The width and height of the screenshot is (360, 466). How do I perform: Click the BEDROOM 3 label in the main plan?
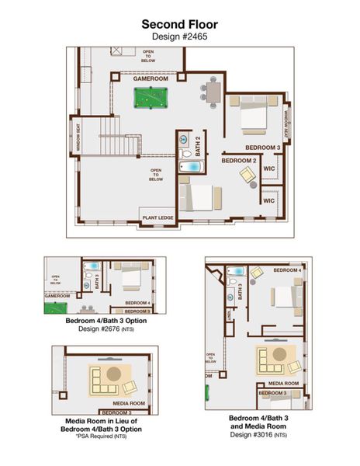tap(262, 147)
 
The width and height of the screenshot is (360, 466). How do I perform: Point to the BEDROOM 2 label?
tap(238, 160)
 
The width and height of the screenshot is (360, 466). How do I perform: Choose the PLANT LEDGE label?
tap(157, 218)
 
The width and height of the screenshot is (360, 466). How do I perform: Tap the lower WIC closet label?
tap(269, 200)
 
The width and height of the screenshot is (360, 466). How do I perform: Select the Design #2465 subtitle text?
tap(179, 36)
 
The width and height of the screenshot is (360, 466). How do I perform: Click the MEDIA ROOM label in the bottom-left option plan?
tap(128, 403)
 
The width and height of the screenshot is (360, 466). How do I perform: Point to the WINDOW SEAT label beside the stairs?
tap(77, 134)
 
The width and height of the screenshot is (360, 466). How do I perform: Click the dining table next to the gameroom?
tap(212, 91)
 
